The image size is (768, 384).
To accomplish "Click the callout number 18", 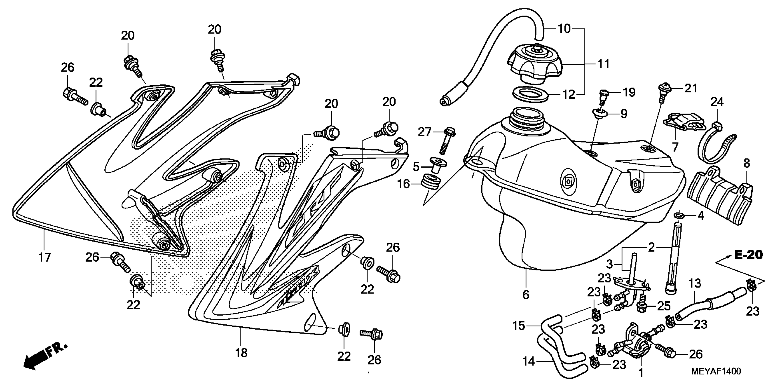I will point(241,353).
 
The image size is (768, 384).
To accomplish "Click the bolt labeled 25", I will point(642,307).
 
